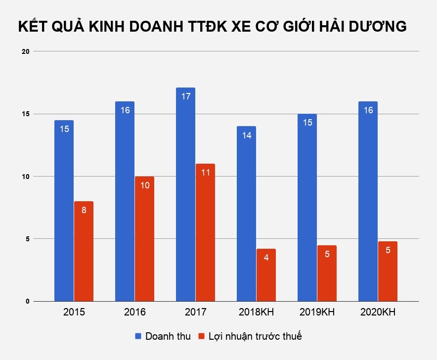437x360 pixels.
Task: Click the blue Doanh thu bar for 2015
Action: [64, 213]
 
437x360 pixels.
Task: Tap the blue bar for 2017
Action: [185, 198]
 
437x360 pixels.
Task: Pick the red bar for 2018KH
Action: [266, 277]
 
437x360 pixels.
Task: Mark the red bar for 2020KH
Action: [388, 272]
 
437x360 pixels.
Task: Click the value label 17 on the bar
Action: [185, 96]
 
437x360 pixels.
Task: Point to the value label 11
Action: [205, 173]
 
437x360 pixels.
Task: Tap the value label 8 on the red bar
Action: [84, 210]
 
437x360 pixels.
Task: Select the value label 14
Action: [246, 135]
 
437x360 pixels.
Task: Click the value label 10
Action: [144, 185]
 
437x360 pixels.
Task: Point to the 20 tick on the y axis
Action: [26, 51]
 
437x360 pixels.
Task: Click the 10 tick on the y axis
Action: [26, 177]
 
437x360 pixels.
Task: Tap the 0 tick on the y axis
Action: [28, 301]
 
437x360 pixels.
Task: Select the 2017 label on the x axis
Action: [195, 313]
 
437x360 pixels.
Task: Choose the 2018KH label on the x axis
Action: [256, 313]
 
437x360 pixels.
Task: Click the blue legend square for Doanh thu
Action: [139, 336]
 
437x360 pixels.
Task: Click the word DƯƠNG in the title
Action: [379, 27]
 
